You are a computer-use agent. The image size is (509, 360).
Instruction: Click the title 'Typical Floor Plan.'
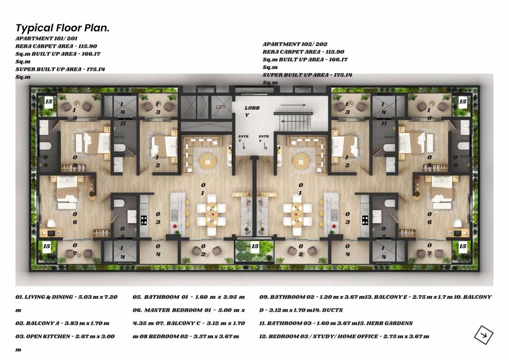[x=62, y=28]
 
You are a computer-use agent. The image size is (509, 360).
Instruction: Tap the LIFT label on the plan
[x=221, y=108]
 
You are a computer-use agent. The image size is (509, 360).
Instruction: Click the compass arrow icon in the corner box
[x=483, y=334]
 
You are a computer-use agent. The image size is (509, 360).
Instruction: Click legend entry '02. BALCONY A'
[x=62, y=323]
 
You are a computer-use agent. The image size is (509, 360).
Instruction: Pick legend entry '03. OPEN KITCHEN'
[x=65, y=336]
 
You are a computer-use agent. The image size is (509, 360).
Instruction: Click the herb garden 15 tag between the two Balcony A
[x=255, y=246]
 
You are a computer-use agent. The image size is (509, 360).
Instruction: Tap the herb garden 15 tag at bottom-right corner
[x=463, y=246]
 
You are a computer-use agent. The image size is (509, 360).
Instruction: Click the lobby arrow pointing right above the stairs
[x=297, y=105]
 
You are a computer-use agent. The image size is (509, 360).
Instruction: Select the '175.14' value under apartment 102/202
[x=342, y=75]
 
